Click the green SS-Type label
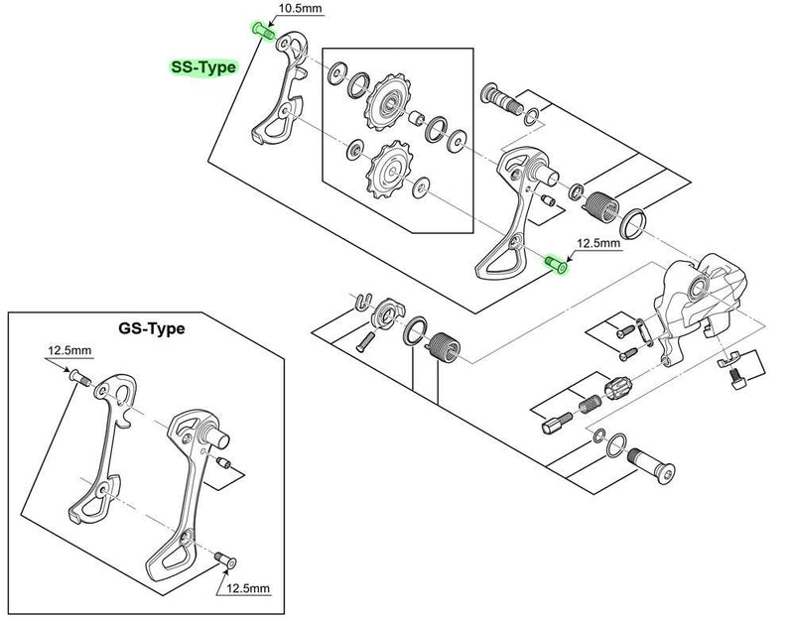pos(201,67)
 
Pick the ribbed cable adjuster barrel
pos(617,388)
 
